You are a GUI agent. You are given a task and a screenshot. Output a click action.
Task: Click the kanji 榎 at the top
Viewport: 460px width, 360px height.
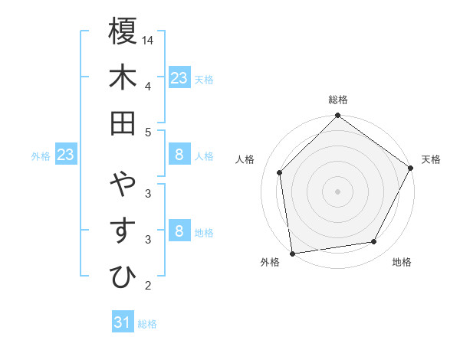(x=123, y=33)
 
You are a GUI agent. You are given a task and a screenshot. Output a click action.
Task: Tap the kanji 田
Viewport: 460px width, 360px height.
(x=123, y=123)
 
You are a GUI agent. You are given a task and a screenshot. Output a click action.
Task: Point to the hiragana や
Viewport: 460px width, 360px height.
(x=123, y=185)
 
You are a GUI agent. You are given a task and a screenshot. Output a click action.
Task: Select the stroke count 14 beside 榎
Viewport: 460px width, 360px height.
(x=148, y=41)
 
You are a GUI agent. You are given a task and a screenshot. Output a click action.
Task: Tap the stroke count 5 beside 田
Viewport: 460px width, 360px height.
(x=148, y=131)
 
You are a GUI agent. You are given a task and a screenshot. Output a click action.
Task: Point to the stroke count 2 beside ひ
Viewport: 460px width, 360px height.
(x=148, y=286)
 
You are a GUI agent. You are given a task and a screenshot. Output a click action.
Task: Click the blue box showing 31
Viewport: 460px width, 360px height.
(x=123, y=322)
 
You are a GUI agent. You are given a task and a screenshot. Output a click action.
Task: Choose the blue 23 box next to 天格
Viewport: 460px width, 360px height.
(x=179, y=78)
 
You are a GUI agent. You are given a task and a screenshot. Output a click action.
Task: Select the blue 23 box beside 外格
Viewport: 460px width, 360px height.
(x=66, y=155)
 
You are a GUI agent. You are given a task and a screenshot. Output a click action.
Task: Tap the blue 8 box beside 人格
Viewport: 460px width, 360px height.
(x=179, y=155)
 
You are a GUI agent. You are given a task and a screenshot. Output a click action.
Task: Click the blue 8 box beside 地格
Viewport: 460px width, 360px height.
(x=179, y=231)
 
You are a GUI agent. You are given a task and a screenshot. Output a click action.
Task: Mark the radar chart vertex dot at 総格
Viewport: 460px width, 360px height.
(x=337, y=116)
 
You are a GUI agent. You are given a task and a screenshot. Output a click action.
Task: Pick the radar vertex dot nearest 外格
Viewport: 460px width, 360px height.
(x=292, y=254)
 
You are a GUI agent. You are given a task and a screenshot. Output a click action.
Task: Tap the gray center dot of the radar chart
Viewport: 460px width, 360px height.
(x=337, y=191)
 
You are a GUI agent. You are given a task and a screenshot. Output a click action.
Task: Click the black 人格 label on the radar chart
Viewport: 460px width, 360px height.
(x=245, y=159)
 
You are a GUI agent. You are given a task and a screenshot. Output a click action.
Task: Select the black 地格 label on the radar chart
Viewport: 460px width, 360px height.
(x=402, y=262)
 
